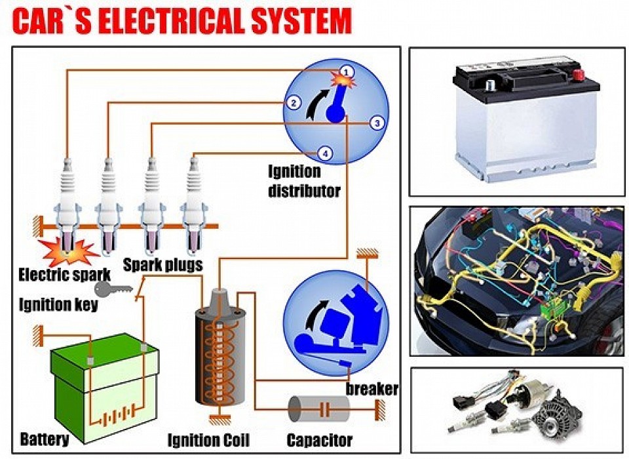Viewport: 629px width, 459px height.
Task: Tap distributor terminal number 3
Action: pyautogui.click(x=376, y=123)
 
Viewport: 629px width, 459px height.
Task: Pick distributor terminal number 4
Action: pyautogui.click(x=324, y=153)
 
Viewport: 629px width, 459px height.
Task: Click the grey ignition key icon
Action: pyautogui.click(x=108, y=289)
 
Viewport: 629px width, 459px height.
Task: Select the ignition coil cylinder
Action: pyautogui.click(x=219, y=354)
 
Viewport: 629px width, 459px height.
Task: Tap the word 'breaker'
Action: pyautogui.click(x=372, y=389)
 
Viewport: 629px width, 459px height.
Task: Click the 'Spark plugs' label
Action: pyautogui.click(x=162, y=266)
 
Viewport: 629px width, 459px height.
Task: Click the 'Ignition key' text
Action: pyautogui.click(x=58, y=305)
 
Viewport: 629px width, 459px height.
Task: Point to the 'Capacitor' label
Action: pyautogui.click(x=320, y=440)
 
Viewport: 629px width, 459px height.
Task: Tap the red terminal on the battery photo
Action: pyautogui.click(x=579, y=74)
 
